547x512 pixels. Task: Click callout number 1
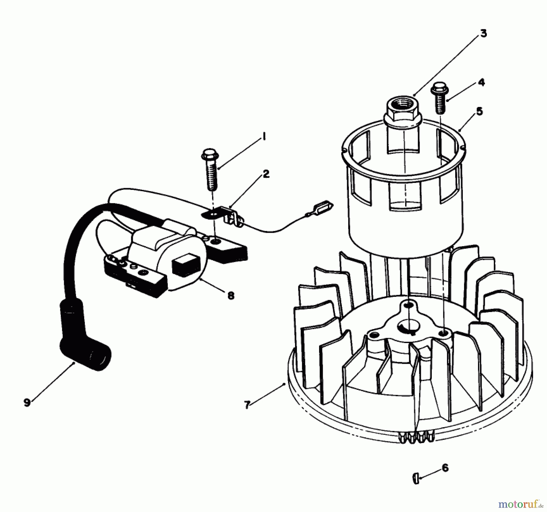[x=264, y=137]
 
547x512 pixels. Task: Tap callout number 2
[x=266, y=174]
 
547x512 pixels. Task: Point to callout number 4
[x=481, y=83]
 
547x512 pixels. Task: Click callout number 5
[x=479, y=111]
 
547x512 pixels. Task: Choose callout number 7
[x=247, y=405]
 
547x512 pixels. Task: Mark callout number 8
[x=231, y=295]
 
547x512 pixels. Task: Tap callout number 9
[x=27, y=403]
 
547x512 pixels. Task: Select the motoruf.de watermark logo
[x=520, y=504]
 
